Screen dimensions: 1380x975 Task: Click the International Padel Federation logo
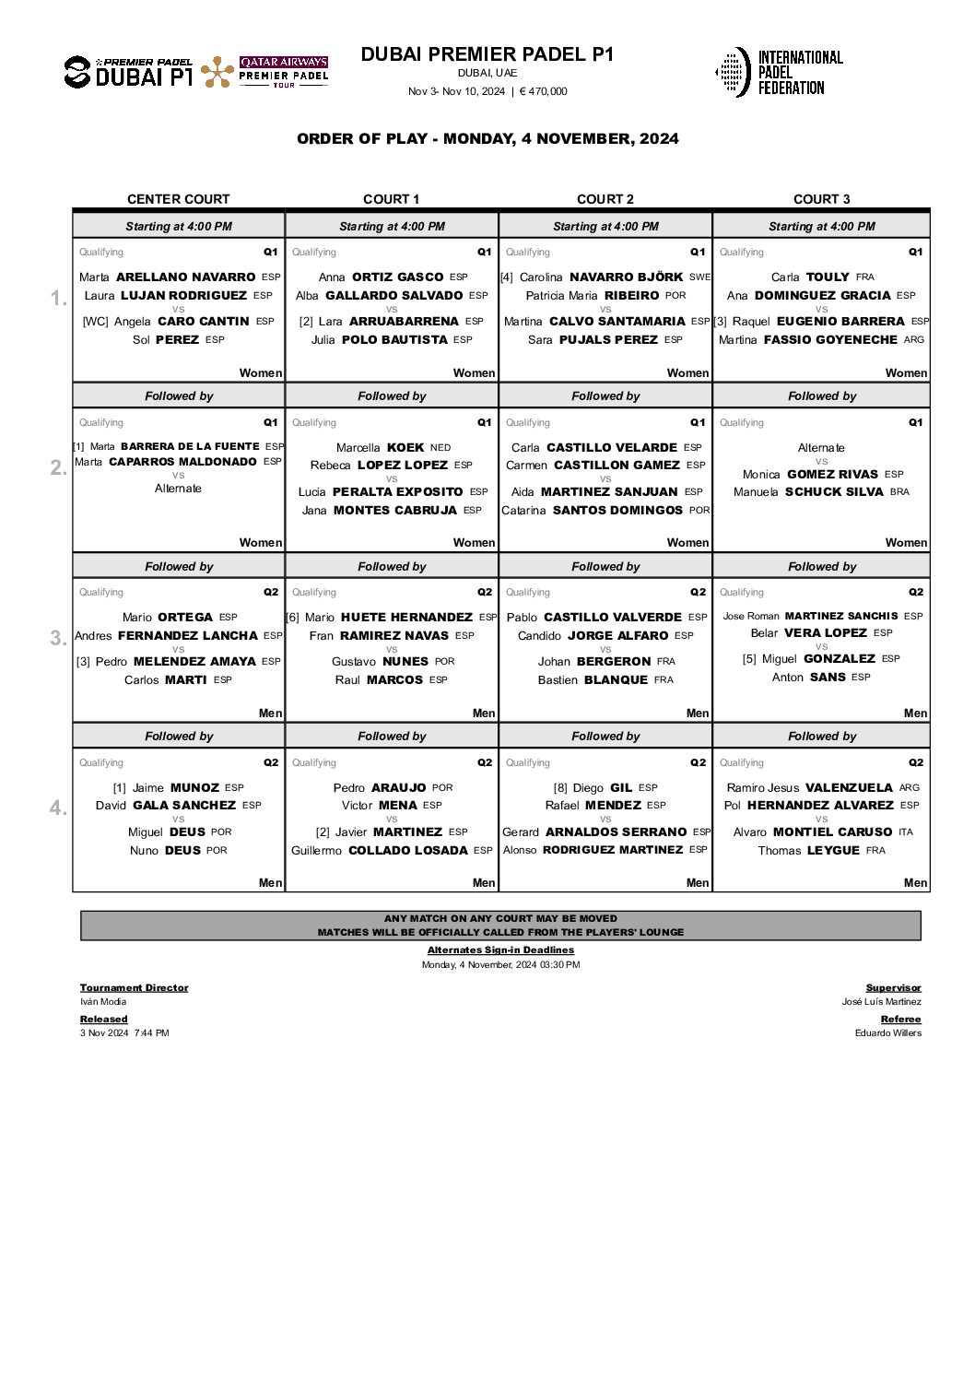coord(779,72)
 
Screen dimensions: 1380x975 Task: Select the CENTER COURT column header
coord(178,199)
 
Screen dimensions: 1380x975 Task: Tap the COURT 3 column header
coord(821,199)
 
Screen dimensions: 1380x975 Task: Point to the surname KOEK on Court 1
coord(405,447)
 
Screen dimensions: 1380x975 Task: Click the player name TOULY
coord(828,277)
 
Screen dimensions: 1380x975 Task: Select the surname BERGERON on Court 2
coord(614,661)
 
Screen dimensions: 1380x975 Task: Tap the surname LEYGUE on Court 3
coord(833,850)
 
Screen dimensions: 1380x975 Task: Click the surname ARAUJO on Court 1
coord(399,787)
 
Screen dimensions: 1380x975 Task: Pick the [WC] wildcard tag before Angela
coord(95,322)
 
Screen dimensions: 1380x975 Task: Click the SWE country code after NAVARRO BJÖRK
coord(699,277)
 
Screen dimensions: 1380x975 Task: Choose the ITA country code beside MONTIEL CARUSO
coord(905,832)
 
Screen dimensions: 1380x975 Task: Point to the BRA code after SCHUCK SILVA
coord(899,491)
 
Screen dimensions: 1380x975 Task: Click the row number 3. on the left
coord(58,638)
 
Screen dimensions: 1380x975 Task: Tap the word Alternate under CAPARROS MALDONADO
coord(178,489)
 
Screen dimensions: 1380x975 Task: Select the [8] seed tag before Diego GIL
coord(560,788)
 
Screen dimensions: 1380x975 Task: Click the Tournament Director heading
coord(134,987)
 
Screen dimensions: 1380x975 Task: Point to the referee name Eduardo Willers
coord(887,1032)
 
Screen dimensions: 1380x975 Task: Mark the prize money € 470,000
coord(544,91)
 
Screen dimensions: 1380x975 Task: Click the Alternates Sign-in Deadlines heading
coord(500,949)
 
